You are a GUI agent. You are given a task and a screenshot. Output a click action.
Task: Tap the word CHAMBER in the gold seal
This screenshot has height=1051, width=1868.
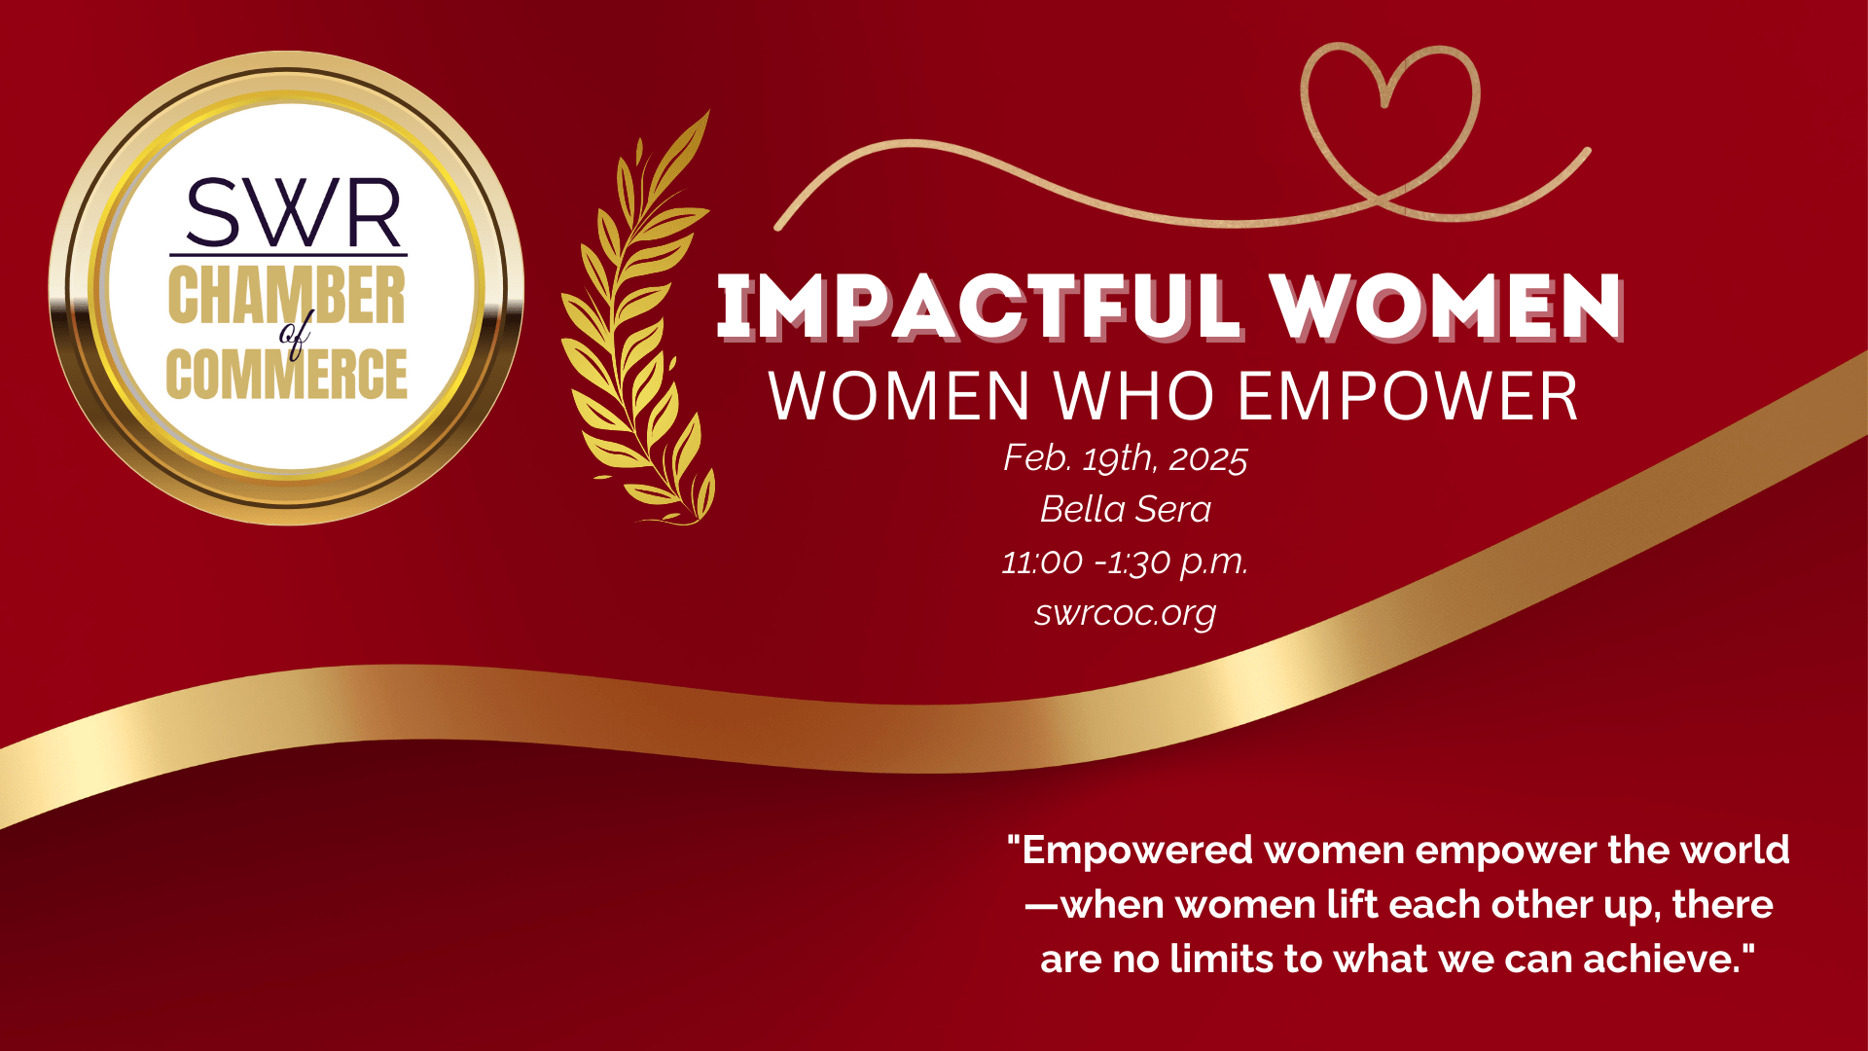[287, 296]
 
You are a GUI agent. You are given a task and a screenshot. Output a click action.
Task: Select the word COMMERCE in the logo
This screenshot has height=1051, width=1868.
[287, 374]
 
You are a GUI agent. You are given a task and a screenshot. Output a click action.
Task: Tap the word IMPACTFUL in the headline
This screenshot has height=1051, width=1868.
[979, 307]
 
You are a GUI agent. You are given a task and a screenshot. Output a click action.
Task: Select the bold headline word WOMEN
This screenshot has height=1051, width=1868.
[1447, 307]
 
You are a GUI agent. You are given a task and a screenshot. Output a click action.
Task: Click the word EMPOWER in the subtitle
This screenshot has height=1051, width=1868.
[1407, 396]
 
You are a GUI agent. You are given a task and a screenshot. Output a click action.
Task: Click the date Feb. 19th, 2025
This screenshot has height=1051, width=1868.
[1126, 458]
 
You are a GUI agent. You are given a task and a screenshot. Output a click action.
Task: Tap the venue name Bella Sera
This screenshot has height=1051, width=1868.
[1126, 509]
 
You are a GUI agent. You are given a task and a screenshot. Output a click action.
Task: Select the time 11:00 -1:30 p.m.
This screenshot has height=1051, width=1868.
[1126, 562]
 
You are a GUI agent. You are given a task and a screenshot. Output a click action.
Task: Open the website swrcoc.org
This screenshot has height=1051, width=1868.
[1126, 613]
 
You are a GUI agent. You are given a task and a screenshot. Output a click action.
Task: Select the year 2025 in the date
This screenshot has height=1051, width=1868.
[1208, 458]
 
